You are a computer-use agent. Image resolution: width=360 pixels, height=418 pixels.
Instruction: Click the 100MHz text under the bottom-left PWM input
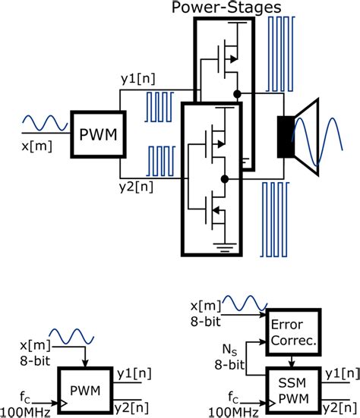pyautogui.click(x=26, y=410)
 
